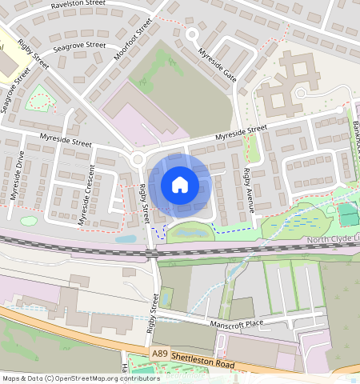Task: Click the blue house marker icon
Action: [x=180, y=186]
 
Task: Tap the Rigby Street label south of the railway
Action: [x=152, y=312]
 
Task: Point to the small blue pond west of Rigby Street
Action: [x=126, y=238]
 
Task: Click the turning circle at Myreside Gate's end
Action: [x=191, y=35]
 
